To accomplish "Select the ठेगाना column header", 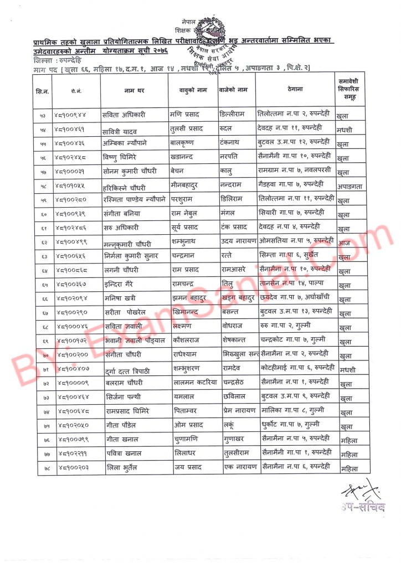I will coord(295,89).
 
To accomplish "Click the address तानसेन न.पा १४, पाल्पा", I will coord(293,285).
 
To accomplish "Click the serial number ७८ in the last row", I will coord(43,468).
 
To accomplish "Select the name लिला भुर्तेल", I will coord(124,468).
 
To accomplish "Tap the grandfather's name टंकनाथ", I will coord(234,142).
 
